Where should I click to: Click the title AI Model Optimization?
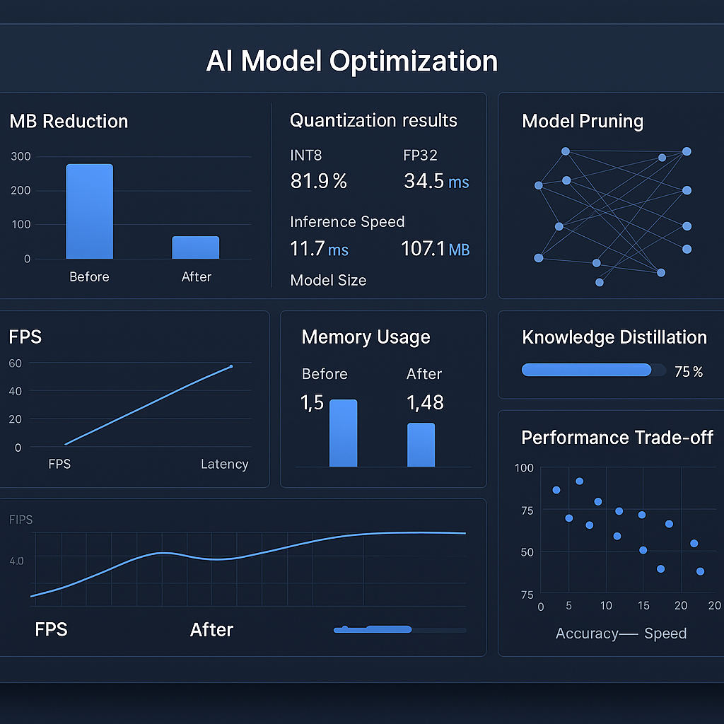[x=351, y=62]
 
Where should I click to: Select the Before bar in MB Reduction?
[x=89, y=211]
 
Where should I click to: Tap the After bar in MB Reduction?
[x=196, y=247]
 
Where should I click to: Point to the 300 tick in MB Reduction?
[x=21, y=156]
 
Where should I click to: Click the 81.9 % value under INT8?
[x=318, y=182]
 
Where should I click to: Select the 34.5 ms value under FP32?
[x=436, y=182]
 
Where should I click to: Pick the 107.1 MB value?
[x=435, y=249]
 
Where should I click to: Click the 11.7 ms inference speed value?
[x=319, y=249]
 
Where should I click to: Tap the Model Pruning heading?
[x=583, y=121]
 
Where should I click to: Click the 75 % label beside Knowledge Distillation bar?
[x=689, y=371]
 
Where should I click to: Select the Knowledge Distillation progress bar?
[x=586, y=370]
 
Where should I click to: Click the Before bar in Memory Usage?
[x=344, y=433]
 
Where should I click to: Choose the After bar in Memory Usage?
[x=421, y=445]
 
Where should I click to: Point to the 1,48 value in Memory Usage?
[x=425, y=402]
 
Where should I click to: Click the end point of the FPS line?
[x=231, y=366]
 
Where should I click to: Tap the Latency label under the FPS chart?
[x=224, y=464]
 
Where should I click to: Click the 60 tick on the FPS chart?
[x=16, y=363]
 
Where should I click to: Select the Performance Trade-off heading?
[x=617, y=438]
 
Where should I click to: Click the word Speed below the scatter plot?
[x=665, y=633]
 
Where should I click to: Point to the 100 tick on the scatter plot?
[x=525, y=468]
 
